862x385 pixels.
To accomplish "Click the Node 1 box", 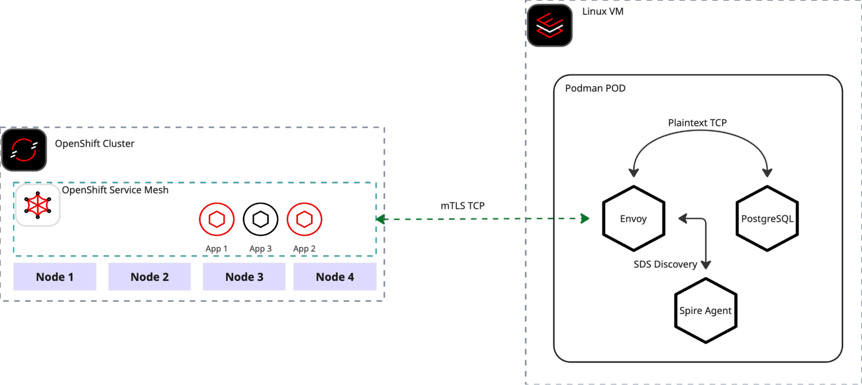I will click(55, 277).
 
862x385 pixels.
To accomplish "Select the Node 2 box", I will click(150, 277).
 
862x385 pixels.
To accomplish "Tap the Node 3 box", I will click(244, 277).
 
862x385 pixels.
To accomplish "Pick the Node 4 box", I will click(335, 277).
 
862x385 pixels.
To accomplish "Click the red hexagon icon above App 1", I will click(217, 219).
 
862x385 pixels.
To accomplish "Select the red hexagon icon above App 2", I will click(304, 219).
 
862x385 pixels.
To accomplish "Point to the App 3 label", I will click(260, 249).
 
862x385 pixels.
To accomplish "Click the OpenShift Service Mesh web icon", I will click(38, 205).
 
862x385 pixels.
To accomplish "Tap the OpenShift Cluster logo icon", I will click(24, 150).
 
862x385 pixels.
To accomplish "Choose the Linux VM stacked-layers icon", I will click(550, 25).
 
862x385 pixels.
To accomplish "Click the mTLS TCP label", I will click(462, 206).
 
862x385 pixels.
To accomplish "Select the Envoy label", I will click(633, 219).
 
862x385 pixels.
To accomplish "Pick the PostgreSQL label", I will click(767, 219).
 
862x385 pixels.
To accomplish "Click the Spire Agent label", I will click(705, 311).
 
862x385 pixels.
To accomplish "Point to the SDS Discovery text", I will click(665, 264).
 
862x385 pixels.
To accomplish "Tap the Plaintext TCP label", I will click(697, 123).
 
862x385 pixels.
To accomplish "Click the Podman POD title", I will click(595, 88).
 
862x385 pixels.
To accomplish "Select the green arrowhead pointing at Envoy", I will click(585, 219).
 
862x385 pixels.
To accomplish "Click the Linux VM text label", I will click(603, 12).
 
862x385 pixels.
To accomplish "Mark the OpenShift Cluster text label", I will click(94, 144).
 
